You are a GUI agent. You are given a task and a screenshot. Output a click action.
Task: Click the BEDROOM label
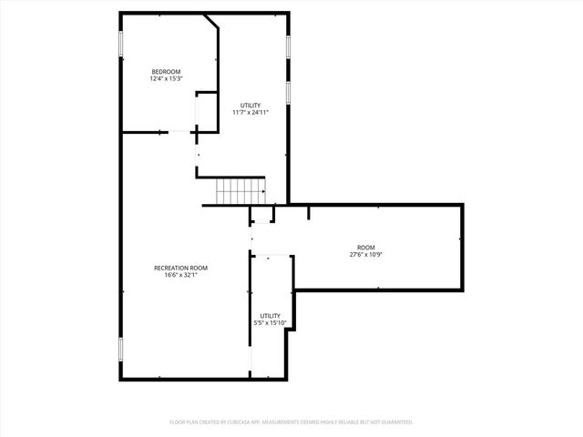point(166,72)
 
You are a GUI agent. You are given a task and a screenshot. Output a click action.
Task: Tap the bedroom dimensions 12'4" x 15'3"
point(166,79)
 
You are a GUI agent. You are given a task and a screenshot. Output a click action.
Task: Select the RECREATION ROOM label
point(180,268)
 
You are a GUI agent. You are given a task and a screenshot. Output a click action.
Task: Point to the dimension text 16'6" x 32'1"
point(180,275)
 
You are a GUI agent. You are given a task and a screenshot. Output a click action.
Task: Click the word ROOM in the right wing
point(365,248)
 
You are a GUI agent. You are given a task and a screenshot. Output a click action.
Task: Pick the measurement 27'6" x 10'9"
point(365,255)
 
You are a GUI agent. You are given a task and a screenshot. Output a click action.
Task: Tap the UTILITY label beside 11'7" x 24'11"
point(251,106)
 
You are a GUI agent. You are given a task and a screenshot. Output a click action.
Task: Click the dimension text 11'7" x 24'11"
point(251,113)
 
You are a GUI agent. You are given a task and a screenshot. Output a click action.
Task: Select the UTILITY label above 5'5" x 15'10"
point(270,315)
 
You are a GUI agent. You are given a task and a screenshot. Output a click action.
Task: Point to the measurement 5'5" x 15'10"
point(270,322)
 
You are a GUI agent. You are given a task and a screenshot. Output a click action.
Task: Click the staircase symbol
point(240,192)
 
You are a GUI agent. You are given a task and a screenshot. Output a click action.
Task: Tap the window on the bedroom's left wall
point(121,45)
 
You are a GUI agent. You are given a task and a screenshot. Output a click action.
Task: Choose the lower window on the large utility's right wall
point(289,92)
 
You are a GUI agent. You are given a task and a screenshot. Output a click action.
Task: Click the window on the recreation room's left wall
point(121,350)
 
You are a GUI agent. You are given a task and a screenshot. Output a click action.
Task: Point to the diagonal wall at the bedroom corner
point(211,21)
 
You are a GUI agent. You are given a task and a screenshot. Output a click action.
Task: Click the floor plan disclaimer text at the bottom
point(291,422)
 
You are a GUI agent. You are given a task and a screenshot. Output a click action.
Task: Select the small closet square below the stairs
point(262,215)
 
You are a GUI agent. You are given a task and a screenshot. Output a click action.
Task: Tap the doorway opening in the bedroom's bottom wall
point(179,133)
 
